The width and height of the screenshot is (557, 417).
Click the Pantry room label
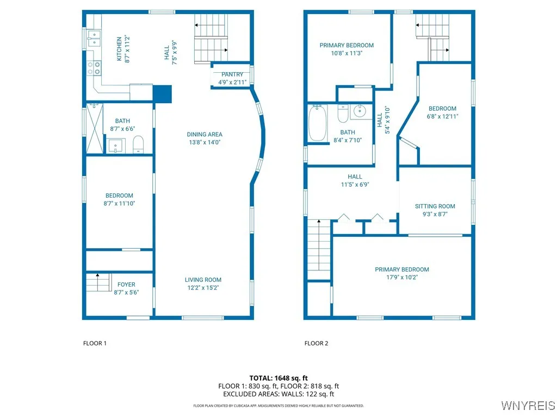[232, 74]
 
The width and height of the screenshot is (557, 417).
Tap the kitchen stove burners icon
[94, 67]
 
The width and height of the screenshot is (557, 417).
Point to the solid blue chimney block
[162, 93]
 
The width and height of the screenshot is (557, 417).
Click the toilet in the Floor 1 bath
[138, 144]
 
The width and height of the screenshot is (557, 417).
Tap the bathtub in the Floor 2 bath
[317, 123]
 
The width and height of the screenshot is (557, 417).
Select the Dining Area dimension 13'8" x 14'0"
[205, 142]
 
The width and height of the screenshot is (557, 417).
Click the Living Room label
[202, 280]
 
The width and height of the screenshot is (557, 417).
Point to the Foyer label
[126, 285]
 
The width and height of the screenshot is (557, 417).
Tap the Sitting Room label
[435, 206]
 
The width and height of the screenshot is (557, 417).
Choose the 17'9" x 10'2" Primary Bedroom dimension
[402, 277]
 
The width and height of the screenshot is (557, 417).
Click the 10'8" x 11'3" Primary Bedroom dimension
[346, 53]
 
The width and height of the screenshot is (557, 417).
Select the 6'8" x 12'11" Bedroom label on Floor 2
[442, 109]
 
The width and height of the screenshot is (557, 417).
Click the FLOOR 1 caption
[95, 343]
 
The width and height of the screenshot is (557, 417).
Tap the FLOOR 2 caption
[316, 343]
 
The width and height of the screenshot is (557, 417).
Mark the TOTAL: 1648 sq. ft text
[278, 378]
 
